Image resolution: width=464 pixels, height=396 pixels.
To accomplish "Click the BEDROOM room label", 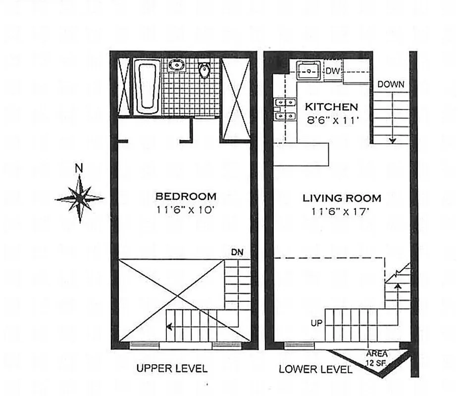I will [x=186, y=196].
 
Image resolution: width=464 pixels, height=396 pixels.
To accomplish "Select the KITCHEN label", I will [x=331, y=106].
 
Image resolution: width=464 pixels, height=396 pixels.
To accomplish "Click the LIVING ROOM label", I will [x=342, y=198].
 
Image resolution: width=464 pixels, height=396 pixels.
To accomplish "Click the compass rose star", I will [x=79, y=198].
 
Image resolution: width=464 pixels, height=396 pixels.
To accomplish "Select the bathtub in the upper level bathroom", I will [x=147, y=87].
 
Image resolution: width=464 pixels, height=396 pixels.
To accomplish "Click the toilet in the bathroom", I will [x=204, y=70].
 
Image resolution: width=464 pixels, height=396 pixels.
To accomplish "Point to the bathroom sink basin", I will [x=176, y=65].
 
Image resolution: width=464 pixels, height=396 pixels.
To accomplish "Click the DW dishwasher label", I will [x=333, y=71].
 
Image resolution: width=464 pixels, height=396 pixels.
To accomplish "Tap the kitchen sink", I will [x=310, y=70].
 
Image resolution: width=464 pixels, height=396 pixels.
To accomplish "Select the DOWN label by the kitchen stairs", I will [x=391, y=85].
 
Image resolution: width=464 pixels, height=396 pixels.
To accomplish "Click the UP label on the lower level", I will [x=316, y=323].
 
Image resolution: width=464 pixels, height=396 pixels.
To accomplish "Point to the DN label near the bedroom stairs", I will [x=237, y=252].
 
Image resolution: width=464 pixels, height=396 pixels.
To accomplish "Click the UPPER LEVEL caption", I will [x=172, y=368].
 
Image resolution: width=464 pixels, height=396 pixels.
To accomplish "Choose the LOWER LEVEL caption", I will [x=315, y=369].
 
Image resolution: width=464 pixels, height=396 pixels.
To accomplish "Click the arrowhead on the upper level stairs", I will [x=169, y=327].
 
